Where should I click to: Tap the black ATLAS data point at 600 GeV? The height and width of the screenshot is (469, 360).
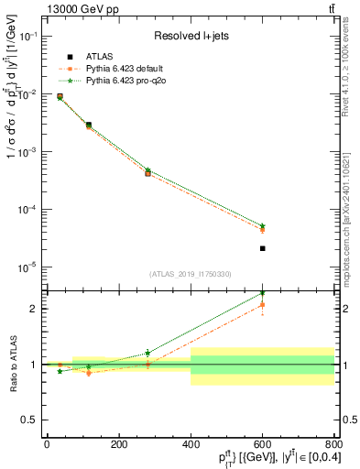(262, 248)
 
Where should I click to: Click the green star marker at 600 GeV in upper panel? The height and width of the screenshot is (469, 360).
(262, 225)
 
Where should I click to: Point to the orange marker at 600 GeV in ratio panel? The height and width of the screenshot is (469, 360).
(262, 305)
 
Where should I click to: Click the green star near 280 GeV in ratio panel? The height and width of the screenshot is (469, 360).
(147, 353)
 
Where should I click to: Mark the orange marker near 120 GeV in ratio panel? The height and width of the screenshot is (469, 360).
(89, 373)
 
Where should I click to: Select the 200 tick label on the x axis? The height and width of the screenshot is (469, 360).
(118, 444)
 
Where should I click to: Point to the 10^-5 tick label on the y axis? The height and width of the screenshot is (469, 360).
(27, 267)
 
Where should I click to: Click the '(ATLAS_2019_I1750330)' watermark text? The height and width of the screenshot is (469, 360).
(190, 274)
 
